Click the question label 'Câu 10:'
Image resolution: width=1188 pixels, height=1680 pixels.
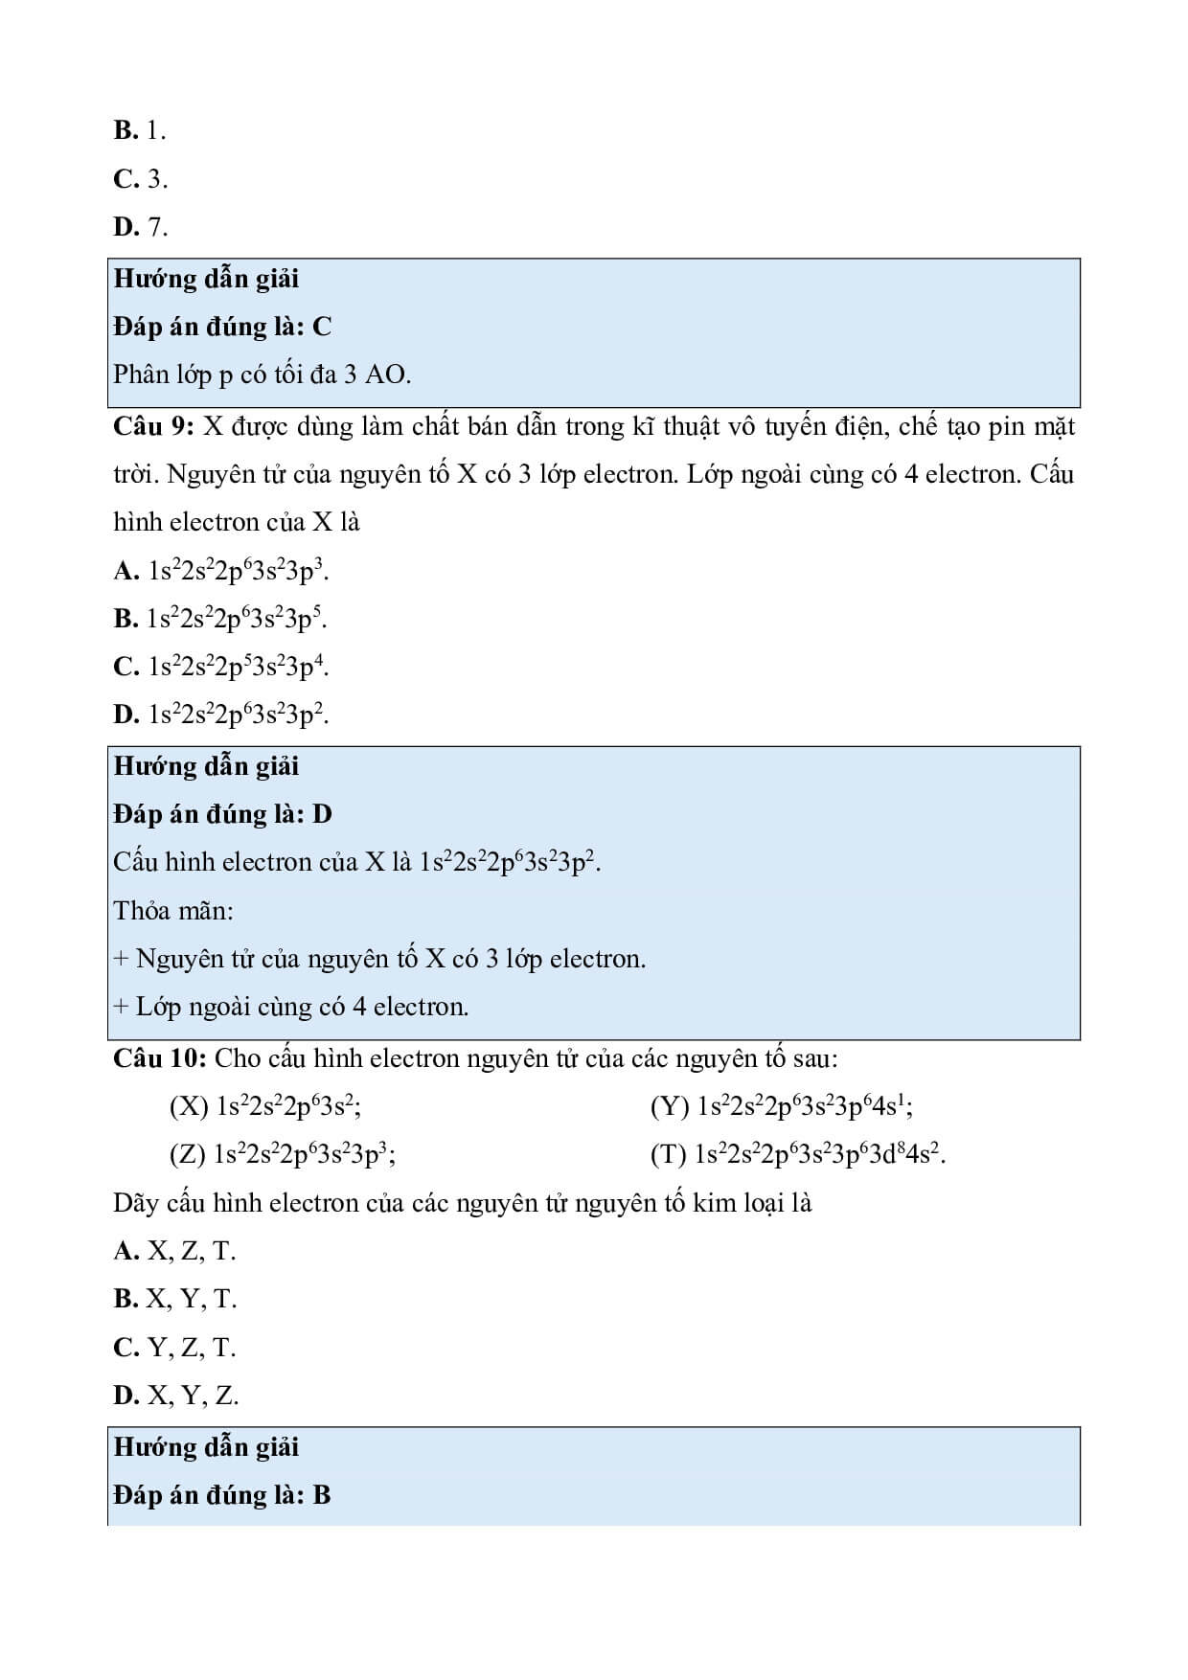[160, 1058]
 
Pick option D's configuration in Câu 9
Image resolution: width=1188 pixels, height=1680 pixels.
[239, 715]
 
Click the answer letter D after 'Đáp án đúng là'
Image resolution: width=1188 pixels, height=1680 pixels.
[322, 814]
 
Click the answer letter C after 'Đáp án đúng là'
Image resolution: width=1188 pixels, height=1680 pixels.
[322, 328]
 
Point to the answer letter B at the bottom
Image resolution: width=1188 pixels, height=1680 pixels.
[322, 1495]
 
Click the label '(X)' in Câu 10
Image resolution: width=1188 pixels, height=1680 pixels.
[189, 1107]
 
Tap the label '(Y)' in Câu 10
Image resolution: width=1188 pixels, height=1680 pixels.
[670, 1107]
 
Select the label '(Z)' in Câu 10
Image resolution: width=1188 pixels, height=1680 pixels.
[188, 1155]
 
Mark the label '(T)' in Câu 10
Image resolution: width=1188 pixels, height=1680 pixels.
[669, 1155]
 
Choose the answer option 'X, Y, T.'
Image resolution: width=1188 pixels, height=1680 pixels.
[190, 1300]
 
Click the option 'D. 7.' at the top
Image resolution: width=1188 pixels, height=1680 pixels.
[140, 227]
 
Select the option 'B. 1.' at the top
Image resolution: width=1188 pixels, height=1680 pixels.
[140, 130]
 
